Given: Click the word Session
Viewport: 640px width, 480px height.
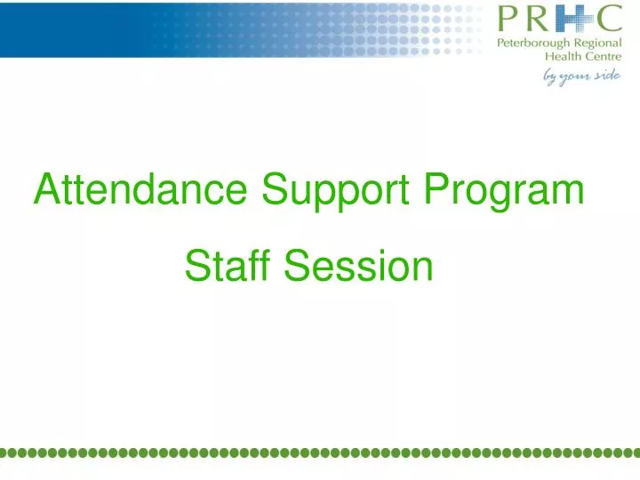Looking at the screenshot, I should [359, 266].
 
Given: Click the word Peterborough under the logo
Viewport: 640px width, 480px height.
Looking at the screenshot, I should [535, 43].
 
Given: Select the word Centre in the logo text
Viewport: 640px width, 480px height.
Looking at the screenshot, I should [602, 56].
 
